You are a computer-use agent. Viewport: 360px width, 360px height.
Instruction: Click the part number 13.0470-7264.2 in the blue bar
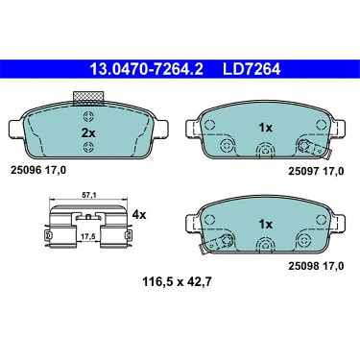tap(146, 69)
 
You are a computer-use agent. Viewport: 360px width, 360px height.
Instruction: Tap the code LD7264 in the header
tap(252, 69)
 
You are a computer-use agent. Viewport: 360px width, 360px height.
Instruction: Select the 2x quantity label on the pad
tap(88, 132)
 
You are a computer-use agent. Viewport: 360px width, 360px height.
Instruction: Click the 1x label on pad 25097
tap(265, 128)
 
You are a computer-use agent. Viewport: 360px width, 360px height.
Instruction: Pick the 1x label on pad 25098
tap(265, 225)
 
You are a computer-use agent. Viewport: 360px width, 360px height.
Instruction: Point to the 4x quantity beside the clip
tap(139, 215)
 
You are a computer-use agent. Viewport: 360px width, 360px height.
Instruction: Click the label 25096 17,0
tap(38, 170)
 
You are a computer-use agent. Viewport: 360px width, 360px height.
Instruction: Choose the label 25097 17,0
tap(316, 171)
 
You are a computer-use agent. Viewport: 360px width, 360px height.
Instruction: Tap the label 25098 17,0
tap(316, 266)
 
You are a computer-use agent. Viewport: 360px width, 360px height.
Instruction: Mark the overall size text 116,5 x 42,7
tap(177, 282)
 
